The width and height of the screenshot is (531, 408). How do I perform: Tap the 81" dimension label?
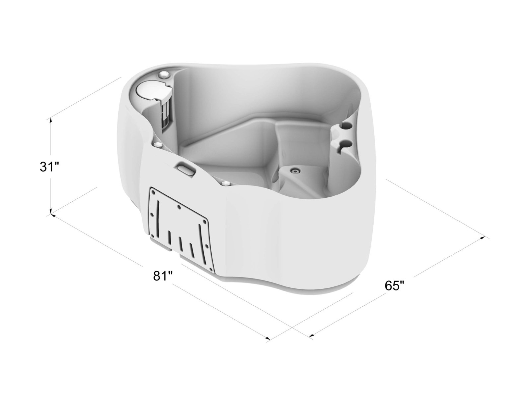coord(163,276)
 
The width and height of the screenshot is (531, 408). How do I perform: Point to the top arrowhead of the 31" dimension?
coord(51,120)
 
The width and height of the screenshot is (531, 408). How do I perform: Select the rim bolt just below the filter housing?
coord(158,145)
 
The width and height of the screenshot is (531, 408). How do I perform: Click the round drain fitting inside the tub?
coord(294,171)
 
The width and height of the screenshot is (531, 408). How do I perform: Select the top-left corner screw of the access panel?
coord(154,191)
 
